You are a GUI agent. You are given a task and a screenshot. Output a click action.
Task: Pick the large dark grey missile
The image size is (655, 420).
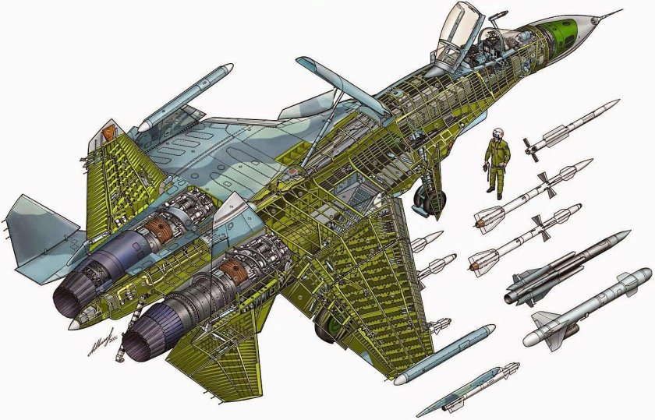click(x=570, y=268)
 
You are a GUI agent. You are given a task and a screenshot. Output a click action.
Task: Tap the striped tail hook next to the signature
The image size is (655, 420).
click(x=119, y=355)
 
